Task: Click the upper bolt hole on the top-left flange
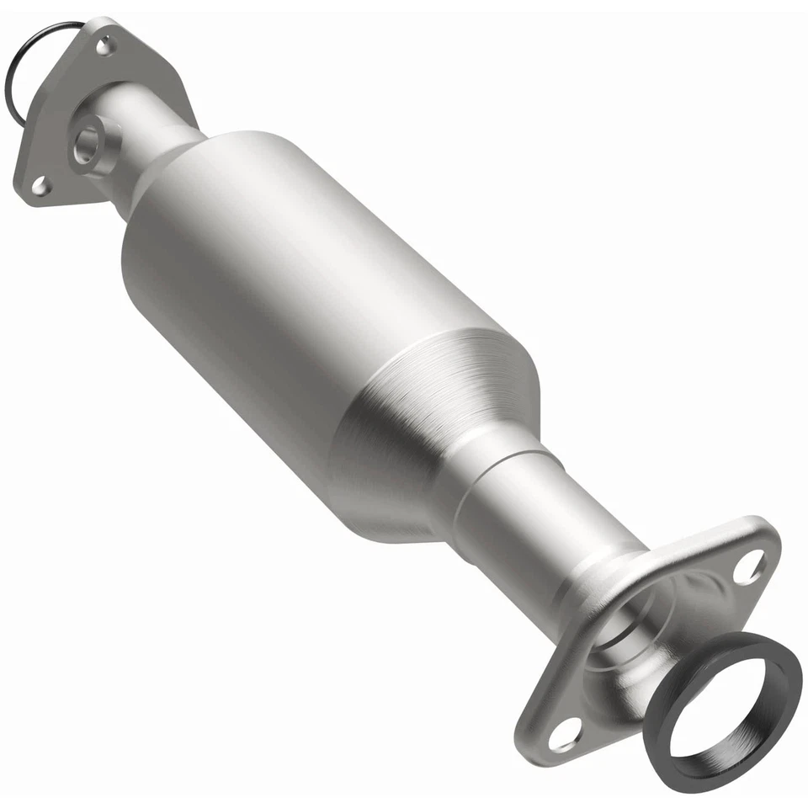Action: click(104, 47)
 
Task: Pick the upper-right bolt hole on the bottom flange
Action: click(747, 566)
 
